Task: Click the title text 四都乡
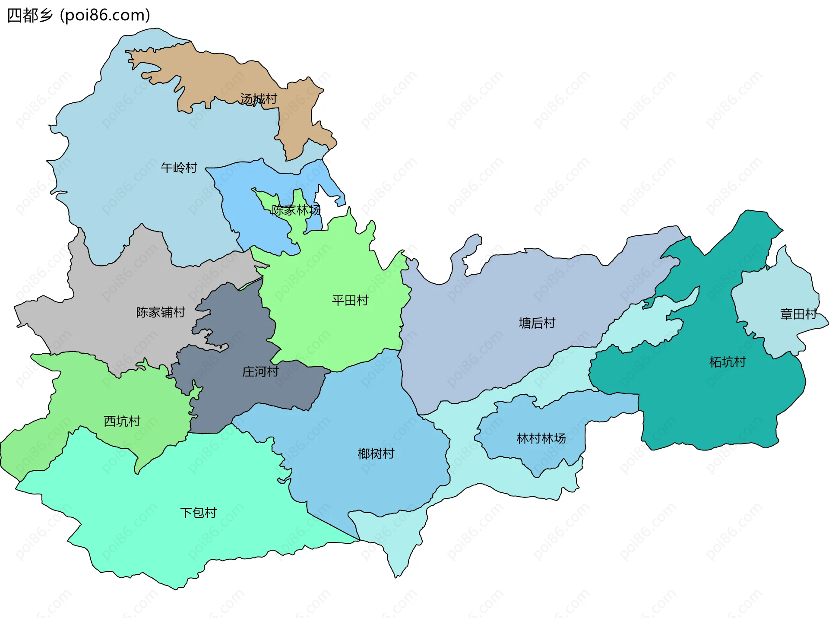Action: pos(29,16)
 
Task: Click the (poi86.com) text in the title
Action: pos(105,16)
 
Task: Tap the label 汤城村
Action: pos(259,99)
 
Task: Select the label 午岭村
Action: pos(179,168)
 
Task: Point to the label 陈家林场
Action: pos(296,210)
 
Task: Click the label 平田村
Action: pos(350,301)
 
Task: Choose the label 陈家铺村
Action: pos(161,312)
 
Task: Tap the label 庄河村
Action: pos(260,371)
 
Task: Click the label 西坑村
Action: pos(122,422)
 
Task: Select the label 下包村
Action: pos(198,513)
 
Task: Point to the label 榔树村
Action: pos(376,453)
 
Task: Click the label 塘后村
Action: pos(537,323)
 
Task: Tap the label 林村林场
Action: pos(541,438)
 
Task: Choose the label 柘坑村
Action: pos(728,362)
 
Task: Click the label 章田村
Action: pos(798,314)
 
